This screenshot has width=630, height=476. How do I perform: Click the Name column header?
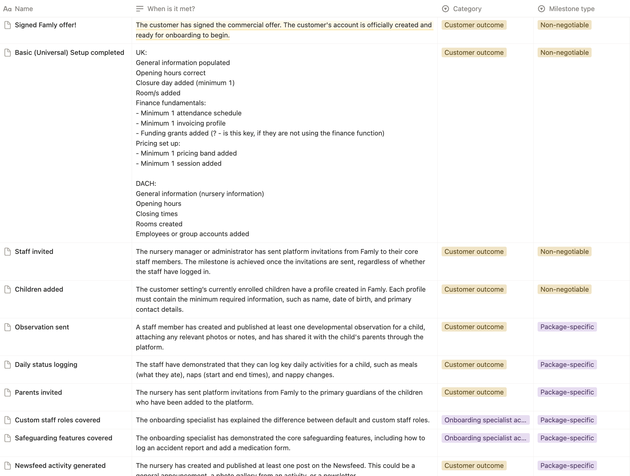pyautogui.click(x=24, y=9)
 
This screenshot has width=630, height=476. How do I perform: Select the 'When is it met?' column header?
pyautogui.click(x=171, y=9)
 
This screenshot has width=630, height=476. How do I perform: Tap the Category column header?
pyautogui.click(x=467, y=9)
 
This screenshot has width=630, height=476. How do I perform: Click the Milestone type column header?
pyautogui.click(x=571, y=9)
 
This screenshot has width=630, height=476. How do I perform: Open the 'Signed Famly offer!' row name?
pyautogui.click(x=46, y=25)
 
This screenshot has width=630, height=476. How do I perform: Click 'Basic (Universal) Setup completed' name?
pyautogui.click(x=69, y=52)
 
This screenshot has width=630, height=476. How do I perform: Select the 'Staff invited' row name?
pyautogui.click(x=34, y=251)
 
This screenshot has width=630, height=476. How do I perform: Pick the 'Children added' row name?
pyautogui.click(x=39, y=289)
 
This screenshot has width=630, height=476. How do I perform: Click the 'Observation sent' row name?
pyautogui.click(x=42, y=327)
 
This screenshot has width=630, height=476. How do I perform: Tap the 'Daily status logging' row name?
pyautogui.click(x=46, y=364)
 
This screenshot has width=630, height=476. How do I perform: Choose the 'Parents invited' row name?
pyautogui.click(x=38, y=392)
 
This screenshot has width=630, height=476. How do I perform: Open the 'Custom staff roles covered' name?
pyautogui.click(x=58, y=420)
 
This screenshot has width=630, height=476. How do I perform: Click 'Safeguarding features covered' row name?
pyautogui.click(x=64, y=438)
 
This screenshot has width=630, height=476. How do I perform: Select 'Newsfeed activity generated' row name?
pyautogui.click(x=60, y=466)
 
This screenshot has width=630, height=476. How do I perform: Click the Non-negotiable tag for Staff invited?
pyautogui.click(x=564, y=251)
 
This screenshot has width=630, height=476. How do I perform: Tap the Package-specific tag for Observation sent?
pyautogui.click(x=567, y=327)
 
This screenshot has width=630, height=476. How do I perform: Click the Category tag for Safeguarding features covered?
pyautogui.click(x=485, y=438)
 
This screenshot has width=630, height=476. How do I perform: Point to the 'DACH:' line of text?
pyautogui.click(x=146, y=183)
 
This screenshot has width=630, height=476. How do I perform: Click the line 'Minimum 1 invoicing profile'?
pyautogui.click(x=183, y=123)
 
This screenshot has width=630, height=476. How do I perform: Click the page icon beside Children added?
pyautogui.click(x=8, y=289)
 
